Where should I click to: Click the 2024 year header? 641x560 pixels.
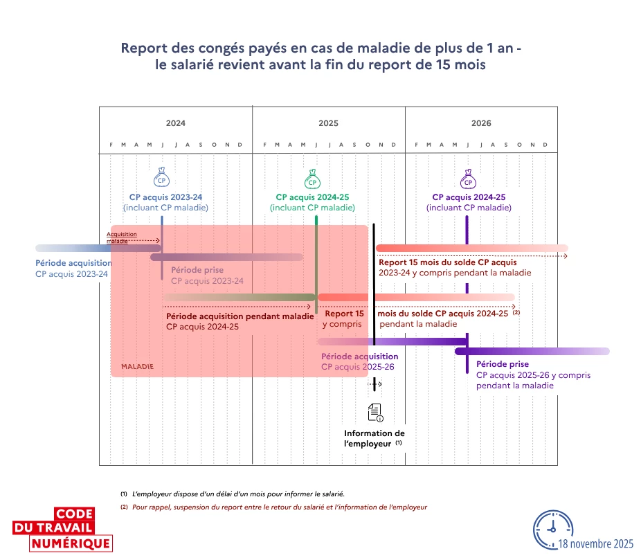[175, 123]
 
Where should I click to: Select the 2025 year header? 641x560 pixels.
[328, 123]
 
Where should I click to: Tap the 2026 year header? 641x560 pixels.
[481, 123]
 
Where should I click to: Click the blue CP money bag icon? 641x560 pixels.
[161, 177]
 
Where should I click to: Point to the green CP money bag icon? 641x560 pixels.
[312, 179]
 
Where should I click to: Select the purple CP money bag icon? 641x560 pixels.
[468, 179]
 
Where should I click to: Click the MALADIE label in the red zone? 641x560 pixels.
[137, 367]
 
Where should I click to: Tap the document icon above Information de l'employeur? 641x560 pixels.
[375, 413]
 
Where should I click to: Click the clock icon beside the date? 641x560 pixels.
[552, 530]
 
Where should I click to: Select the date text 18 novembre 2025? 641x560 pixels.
[595, 544]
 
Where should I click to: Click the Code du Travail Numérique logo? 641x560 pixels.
[62, 530]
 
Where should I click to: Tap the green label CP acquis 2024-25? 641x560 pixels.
[312, 197]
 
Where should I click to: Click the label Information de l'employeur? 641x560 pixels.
[374, 438]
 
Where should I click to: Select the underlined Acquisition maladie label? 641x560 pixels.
[121, 237]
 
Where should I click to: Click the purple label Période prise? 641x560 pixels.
[503, 364]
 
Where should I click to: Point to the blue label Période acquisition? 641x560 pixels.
[73, 263]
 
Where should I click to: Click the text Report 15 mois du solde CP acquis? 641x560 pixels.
[448, 262]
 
